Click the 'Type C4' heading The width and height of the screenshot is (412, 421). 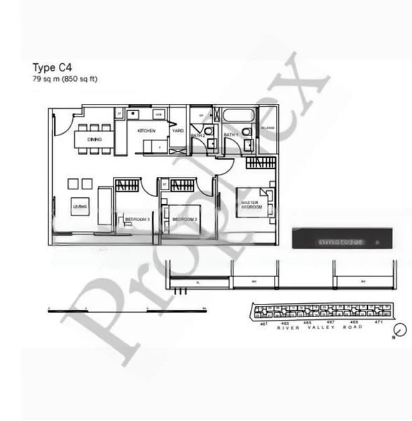(53, 68)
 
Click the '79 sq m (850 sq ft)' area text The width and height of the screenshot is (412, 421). (64, 79)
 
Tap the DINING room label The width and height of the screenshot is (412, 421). (94, 140)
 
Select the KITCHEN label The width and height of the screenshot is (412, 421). (146, 131)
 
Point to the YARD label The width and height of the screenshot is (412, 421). (178, 131)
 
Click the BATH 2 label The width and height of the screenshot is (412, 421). (198, 134)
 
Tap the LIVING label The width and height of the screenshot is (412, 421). (79, 206)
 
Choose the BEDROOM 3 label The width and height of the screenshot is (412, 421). (137, 220)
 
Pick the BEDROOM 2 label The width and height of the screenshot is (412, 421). (185, 220)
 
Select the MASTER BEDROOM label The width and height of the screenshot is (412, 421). (251, 205)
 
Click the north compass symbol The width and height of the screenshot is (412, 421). (399, 330)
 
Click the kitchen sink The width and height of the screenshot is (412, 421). (133, 113)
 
